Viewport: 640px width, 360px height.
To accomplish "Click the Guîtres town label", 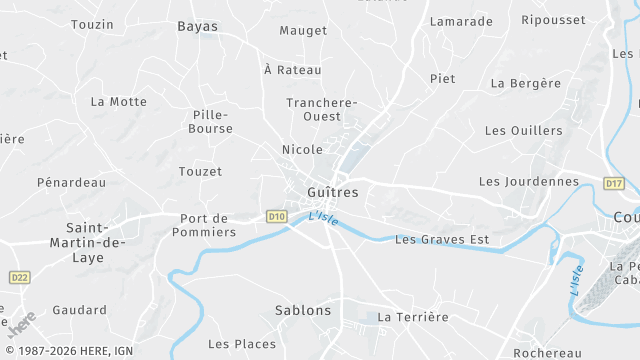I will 332,191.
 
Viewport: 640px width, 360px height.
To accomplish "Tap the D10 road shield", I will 277,215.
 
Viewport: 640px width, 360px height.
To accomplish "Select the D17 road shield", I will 613,183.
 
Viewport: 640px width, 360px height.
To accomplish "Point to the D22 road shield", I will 19,277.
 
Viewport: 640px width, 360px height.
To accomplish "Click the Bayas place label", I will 197,26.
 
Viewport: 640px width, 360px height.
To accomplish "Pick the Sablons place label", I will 303,310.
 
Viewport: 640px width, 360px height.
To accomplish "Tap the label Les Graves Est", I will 442,239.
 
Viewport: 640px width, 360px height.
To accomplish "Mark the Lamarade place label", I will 461,21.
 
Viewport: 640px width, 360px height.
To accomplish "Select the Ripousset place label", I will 553,20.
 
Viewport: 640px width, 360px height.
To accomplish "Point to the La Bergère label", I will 526,83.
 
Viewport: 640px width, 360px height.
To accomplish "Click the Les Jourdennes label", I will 529,181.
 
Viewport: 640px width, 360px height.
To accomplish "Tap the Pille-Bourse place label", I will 212,121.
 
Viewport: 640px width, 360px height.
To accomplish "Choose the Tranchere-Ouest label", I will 322,109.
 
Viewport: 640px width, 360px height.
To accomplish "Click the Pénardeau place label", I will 71,182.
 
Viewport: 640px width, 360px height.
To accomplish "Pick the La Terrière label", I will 413,317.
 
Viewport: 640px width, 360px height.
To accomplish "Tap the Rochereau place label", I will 547,353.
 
